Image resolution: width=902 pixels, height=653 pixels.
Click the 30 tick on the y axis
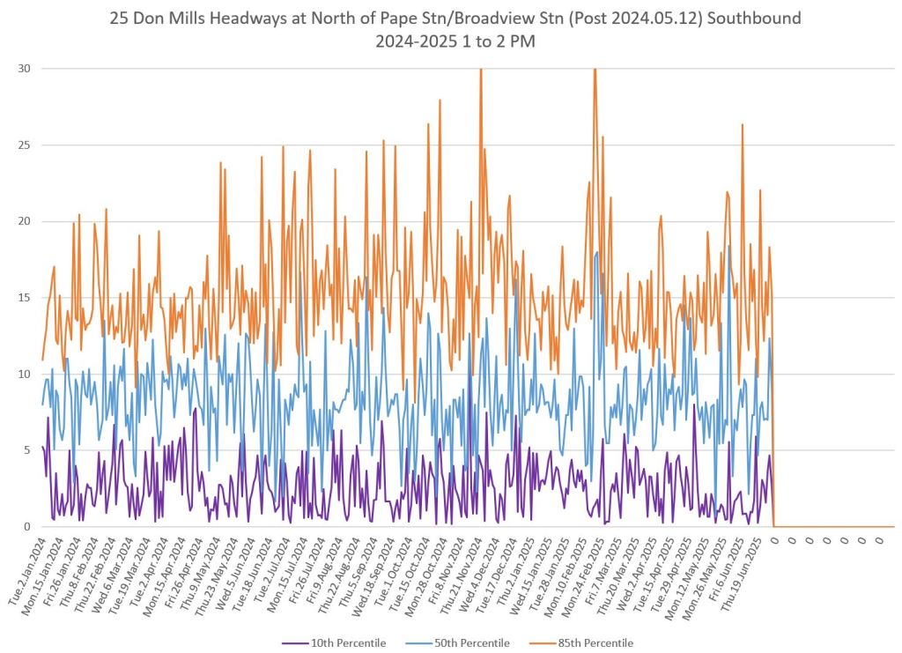pos(26,69)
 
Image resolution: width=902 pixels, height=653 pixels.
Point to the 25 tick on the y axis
pos(26,145)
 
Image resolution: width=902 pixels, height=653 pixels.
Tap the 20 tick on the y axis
pos(26,221)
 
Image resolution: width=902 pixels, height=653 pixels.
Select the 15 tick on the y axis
pos(26,298)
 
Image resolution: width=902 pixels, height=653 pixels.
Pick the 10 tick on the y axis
pos(26,375)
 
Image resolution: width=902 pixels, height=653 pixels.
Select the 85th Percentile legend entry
pos(595,642)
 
